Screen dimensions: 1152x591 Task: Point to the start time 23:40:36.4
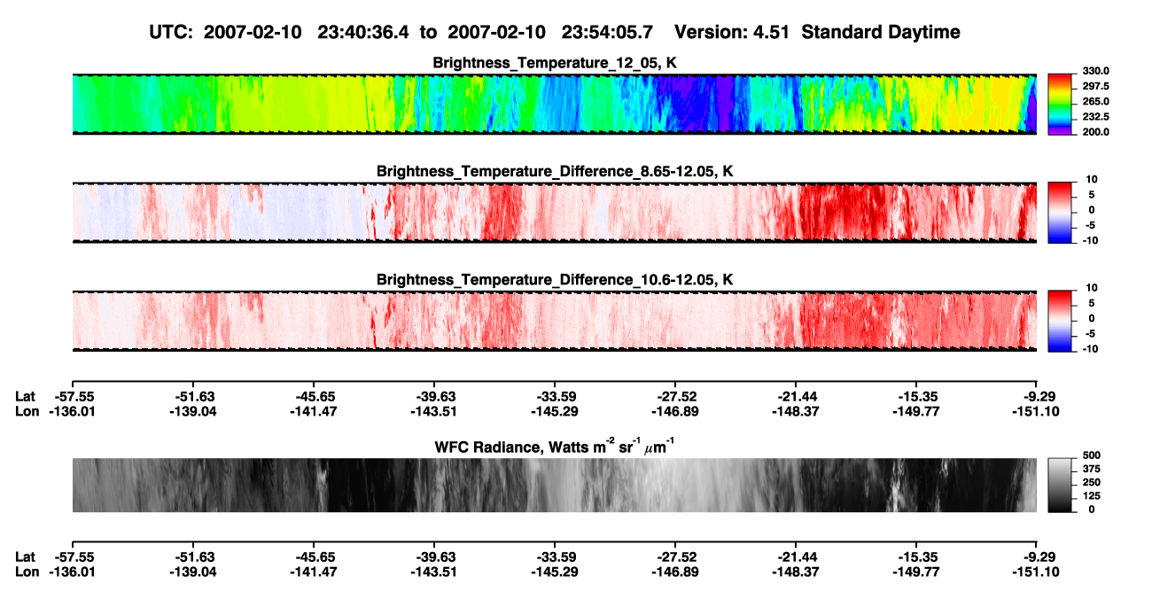tap(362, 33)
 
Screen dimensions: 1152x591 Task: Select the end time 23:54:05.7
tap(607, 33)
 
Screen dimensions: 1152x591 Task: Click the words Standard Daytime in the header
tap(881, 33)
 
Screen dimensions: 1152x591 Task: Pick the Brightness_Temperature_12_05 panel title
tap(555, 63)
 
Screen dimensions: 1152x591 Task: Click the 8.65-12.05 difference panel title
tap(555, 171)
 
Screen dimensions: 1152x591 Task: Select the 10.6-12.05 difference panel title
tap(555, 280)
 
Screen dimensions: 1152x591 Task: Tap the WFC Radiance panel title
tap(555, 447)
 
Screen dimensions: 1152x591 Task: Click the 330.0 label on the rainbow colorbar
tap(1095, 71)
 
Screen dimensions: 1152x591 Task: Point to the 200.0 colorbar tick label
tap(1095, 132)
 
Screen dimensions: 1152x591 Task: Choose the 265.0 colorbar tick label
tap(1095, 101)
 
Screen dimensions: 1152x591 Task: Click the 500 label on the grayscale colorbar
tap(1092, 455)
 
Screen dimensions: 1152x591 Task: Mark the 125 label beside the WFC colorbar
tap(1092, 496)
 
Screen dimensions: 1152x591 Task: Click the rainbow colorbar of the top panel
tap(1060, 105)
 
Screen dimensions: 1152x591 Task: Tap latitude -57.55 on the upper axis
tap(73, 397)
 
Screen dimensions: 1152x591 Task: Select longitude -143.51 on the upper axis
tap(433, 411)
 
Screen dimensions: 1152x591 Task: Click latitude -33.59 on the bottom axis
tap(555, 557)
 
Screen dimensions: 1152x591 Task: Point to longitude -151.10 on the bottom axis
tap(1036, 572)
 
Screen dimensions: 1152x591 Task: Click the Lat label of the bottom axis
tap(25, 557)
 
